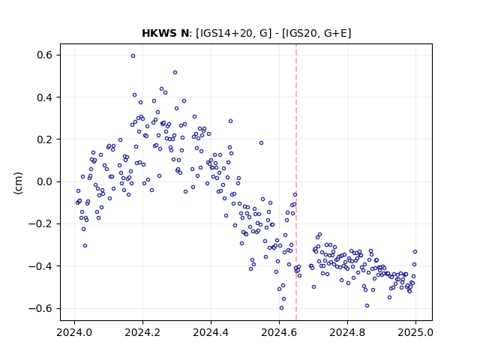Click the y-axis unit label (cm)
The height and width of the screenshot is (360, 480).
18,183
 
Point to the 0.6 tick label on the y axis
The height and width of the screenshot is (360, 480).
45,55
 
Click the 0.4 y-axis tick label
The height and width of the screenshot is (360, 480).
45,97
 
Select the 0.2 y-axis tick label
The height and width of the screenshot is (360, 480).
45,139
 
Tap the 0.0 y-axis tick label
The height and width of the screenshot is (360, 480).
45,181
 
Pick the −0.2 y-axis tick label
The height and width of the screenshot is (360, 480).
40,224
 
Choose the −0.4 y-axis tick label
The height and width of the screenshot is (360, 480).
40,266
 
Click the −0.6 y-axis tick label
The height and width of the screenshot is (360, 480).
40,308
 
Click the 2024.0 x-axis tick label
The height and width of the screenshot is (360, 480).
74,332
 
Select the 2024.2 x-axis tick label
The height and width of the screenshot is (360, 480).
142,332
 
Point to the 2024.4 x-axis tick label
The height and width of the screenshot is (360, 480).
211,332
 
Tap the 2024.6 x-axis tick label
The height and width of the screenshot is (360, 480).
279,332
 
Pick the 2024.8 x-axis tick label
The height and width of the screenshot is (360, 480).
347,332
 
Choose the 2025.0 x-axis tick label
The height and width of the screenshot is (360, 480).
415,332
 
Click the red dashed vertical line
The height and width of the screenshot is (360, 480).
296,182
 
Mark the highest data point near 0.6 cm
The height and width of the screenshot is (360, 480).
133,56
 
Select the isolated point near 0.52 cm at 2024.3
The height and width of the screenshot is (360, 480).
175,73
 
